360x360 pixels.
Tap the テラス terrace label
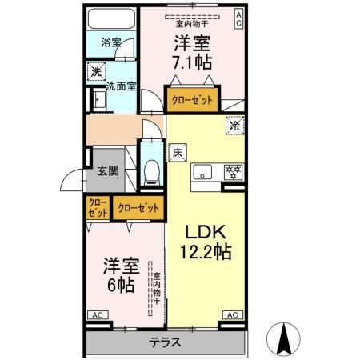(164, 343)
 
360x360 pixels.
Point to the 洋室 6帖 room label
(118, 274)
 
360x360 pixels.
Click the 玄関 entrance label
(108, 170)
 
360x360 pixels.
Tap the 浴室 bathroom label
(110, 42)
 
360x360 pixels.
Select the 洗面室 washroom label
(121, 86)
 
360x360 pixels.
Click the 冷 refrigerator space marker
(234, 125)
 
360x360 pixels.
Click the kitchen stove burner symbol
(234, 170)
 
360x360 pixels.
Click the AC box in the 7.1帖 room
(238, 19)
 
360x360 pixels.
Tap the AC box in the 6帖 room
(97, 316)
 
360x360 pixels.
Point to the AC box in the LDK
(232, 316)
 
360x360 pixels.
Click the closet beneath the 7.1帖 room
(190, 101)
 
